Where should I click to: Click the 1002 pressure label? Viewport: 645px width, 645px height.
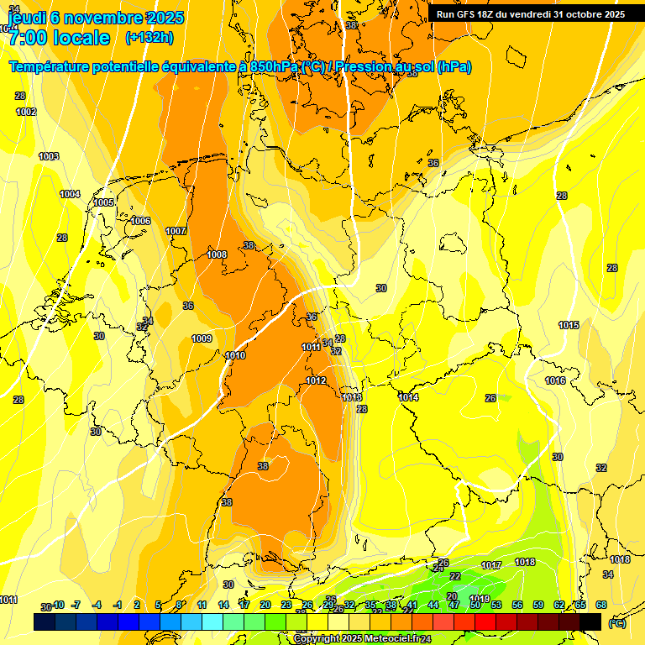click(26, 112)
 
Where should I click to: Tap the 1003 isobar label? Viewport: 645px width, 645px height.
click(49, 156)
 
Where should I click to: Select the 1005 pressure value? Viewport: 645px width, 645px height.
click(103, 202)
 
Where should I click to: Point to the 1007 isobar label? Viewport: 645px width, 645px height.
click(176, 231)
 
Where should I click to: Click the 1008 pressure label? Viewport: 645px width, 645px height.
click(217, 254)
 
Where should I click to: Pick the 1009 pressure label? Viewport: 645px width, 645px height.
click(202, 338)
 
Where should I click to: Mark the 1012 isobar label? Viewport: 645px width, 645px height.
click(316, 380)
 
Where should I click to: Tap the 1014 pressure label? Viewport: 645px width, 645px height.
click(408, 397)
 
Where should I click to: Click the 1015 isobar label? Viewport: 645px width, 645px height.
click(569, 325)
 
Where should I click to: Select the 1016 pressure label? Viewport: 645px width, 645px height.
click(555, 380)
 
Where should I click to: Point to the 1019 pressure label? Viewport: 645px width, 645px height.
click(480, 575)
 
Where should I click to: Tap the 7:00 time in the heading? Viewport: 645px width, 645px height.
click(26, 38)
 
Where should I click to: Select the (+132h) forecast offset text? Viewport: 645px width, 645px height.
click(149, 38)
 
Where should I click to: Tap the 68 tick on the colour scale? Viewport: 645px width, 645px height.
click(601, 605)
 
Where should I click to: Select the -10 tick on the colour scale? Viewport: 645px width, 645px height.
click(58, 605)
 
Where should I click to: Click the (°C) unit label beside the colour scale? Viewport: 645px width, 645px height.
click(617, 622)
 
